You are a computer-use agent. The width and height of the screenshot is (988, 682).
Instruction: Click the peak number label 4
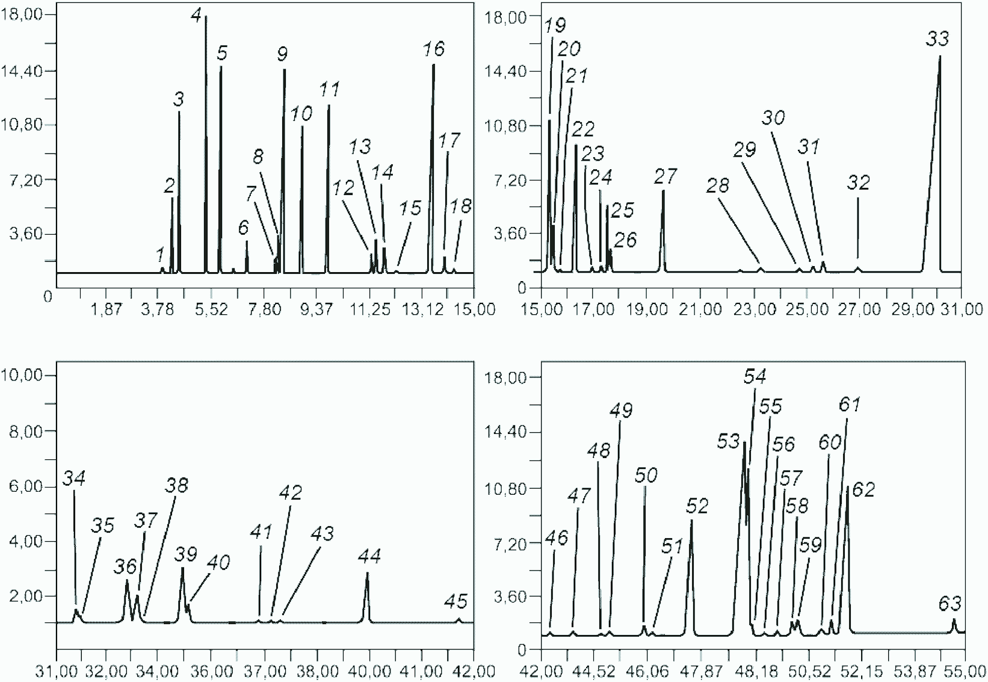[197, 16]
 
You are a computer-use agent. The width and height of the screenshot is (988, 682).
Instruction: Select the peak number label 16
[434, 49]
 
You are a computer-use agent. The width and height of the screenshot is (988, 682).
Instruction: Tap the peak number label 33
[937, 39]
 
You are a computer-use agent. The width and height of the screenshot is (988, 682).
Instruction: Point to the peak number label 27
[665, 177]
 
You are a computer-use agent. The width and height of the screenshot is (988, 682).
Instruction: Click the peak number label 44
[369, 557]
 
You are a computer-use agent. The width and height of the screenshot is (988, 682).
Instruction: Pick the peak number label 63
[949, 604]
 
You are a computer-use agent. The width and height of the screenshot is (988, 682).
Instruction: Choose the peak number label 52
[697, 506]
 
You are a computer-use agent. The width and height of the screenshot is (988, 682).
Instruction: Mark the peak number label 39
[186, 554]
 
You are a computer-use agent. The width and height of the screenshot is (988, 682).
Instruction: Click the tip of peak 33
[939, 56]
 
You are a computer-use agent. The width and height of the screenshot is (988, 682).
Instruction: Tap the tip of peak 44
[367, 573]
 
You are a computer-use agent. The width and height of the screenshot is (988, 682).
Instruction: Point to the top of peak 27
[663, 190]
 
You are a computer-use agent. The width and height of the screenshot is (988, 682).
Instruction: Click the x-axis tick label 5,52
[211, 309]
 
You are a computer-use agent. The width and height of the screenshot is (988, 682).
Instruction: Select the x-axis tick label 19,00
[647, 309]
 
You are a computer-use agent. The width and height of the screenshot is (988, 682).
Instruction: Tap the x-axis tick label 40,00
[369, 672]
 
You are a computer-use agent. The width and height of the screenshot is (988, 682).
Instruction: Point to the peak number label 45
[455, 601]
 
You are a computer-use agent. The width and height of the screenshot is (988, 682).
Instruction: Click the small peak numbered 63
[954, 625]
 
